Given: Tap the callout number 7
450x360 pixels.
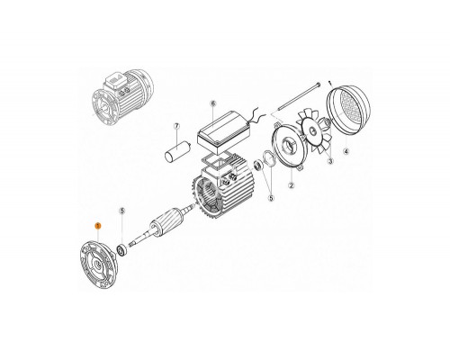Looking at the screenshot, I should point(177,127).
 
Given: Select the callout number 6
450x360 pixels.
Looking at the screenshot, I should point(212,104).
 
